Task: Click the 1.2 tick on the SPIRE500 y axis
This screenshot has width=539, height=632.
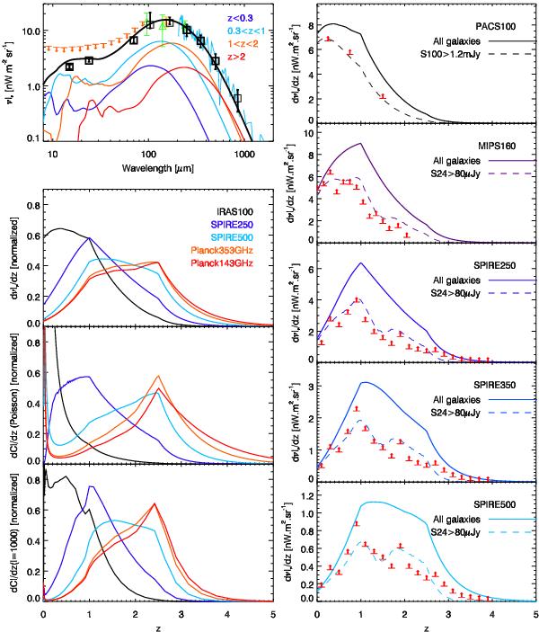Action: (x=307, y=494)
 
